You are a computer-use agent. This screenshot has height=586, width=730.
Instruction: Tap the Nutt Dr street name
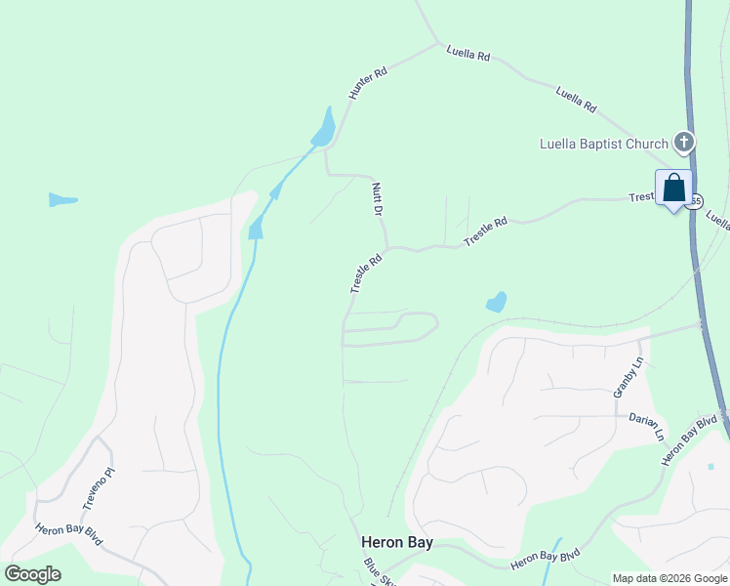click(x=376, y=198)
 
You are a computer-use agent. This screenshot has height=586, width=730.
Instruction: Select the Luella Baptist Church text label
click(x=604, y=144)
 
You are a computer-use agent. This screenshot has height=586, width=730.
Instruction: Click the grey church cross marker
click(x=684, y=143)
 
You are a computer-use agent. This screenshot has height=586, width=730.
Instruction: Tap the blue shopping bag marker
click(x=673, y=188)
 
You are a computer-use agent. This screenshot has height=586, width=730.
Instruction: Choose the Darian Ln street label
click(x=652, y=425)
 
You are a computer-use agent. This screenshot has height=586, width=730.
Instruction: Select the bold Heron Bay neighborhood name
click(x=396, y=542)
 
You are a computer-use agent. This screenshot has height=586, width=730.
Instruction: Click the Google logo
click(x=33, y=574)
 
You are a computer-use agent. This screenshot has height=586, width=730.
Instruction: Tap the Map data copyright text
click(x=670, y=578)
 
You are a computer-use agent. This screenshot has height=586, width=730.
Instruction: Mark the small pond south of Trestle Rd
click(x=496, y=302)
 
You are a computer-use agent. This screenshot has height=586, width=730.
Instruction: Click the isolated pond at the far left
click(x=62, y=200)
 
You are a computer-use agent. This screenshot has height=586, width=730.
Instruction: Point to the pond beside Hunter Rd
click(x=323, y=128)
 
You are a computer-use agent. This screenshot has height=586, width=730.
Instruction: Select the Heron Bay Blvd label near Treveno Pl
click(x=68, y=536)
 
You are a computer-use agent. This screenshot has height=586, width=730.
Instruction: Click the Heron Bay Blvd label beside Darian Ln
click(x=690, y=439)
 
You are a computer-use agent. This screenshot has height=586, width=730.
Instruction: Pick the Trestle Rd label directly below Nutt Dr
click(x=366, y=274)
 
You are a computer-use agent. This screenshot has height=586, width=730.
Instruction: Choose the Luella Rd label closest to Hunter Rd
click(x=467, y=54)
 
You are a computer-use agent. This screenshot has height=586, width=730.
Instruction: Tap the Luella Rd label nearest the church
click(x=576, y=100)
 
